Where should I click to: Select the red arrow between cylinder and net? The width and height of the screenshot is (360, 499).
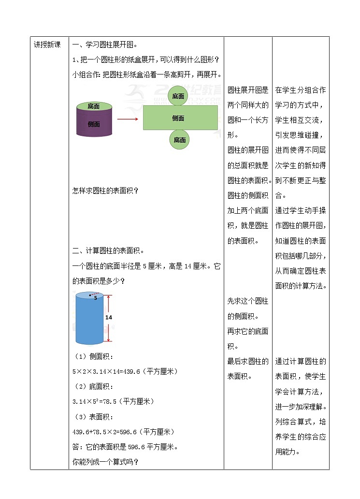click(x=128, y=118)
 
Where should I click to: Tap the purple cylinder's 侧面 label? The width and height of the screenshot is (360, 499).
click(x=94, y=124)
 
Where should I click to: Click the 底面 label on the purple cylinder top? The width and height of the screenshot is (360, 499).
click(x=94, y=106)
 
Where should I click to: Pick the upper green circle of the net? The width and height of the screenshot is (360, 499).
click(x=178, y=96)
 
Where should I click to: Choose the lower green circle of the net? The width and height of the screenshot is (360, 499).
click(x=180, y=140)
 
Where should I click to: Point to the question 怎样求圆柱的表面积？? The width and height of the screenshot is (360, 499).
click(x=105, y=191)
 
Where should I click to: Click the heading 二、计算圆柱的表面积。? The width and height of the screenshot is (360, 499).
click(x=108, y=250)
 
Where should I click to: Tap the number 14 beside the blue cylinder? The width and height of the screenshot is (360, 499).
click(x=109, y=317)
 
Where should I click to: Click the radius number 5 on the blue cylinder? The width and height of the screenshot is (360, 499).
click(x=96, y=298)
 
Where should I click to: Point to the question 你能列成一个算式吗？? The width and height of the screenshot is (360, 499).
click(x=105, y=462)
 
